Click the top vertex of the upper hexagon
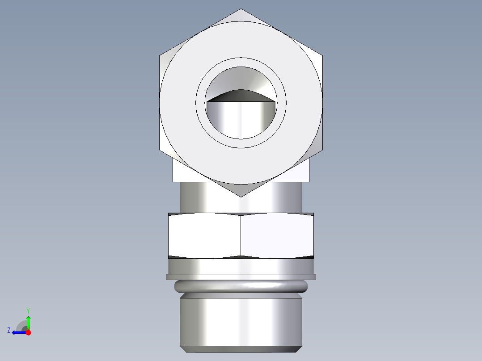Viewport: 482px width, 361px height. click(x=241, y=9)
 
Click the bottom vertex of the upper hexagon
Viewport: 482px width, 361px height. click(x=241, y=197)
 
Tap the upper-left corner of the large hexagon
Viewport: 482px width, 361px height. click(x=160, y=55)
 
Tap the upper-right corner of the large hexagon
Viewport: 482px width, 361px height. click(x=322, y=55)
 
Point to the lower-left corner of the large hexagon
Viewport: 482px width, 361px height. click(x=160, y=150)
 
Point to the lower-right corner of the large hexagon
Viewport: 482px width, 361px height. click(x=322, y=150)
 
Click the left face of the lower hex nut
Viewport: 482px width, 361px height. click(x=204, y=235)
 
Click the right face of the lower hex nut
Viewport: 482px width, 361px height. click(x=277, y=235)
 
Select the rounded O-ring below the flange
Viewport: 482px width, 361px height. click(x=241, y=286)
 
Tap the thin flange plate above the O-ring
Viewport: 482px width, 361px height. click(x=241, y=277)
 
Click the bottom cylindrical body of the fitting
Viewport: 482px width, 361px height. click(x=241, y=322)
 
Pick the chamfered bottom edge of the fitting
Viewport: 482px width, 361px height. click(x=241, y=348)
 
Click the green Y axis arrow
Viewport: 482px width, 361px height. click(x=28, y=320)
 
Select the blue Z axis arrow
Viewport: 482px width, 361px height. click(x=18, y=332)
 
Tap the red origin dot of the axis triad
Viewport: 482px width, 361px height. click(x=28, y=332)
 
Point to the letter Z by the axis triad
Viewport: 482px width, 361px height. click(x=9, y=330)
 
